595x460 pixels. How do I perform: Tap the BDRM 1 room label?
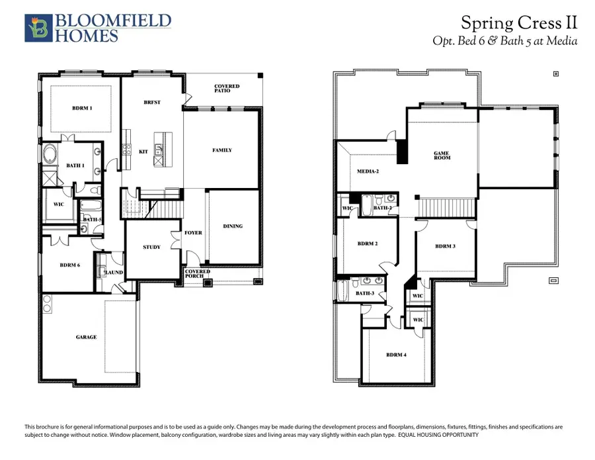point(82,108)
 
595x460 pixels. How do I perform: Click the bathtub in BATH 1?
point(52,158)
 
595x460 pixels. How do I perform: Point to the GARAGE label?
point(86,337)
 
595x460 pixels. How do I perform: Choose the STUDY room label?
point(151,247)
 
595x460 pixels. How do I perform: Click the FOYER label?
point(193,233)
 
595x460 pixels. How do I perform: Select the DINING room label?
point(233,226)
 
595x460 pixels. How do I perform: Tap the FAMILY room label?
point(222,150)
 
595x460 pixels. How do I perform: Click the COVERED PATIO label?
point(227,89)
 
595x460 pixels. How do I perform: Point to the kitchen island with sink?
point(159,148)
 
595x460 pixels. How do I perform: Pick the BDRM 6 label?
point(69,265)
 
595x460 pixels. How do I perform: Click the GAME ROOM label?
point(442,156)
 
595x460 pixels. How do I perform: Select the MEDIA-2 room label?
point(368,171)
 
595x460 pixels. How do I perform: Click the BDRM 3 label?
point(445,246)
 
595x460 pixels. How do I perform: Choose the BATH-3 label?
point(365,293)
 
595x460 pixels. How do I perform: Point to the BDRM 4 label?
point(397,355)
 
